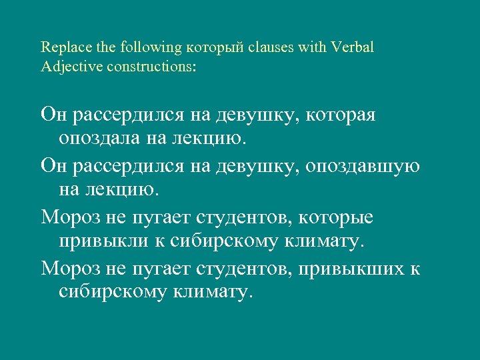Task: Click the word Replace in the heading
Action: click(x=61, y=47)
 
